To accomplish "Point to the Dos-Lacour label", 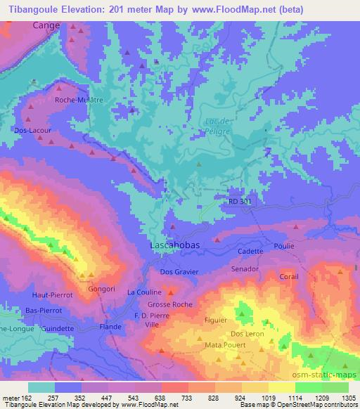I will coord(29,130).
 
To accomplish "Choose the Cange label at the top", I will coord(47,25).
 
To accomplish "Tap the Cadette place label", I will coord(251,251).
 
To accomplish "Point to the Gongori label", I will coord(100,289).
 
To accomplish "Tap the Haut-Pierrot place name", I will coord(51,295).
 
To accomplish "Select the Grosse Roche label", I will coord(169,304).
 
